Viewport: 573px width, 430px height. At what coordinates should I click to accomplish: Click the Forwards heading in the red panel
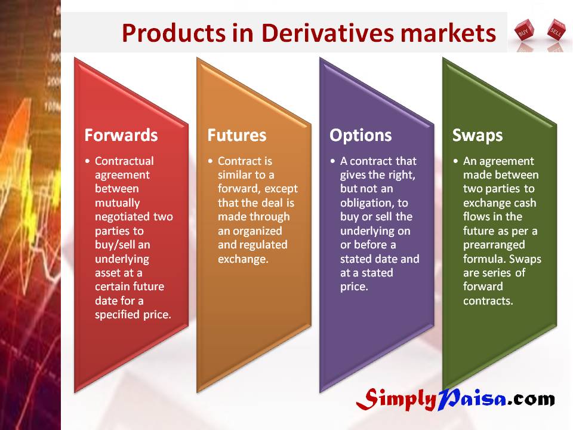(x=121, y=135)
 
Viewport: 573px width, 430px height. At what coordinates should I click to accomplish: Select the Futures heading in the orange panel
(x=237, y=135)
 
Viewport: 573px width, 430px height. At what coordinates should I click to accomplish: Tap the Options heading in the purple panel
(x=361, y=136)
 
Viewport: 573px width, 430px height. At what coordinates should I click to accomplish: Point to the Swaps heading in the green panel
(x=478, y=136)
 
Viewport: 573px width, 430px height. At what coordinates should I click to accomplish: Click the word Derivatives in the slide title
(x=328, y=33)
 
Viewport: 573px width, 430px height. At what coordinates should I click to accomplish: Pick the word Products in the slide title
(x=174, y=33)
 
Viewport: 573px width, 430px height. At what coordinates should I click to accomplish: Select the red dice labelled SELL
(x=556, y=30)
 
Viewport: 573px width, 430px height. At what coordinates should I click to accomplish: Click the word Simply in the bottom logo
(x=396, y=400)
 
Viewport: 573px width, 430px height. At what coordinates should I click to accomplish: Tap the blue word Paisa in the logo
(x=472, y=398)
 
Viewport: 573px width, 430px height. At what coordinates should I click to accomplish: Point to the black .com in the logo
(x=531, y=400)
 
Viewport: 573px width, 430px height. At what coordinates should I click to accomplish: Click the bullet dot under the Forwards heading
(x=87, y=161)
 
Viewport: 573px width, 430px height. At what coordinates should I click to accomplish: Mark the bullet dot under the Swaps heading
(x=455, y=161)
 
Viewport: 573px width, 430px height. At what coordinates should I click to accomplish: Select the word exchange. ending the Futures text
(x=243, y=259)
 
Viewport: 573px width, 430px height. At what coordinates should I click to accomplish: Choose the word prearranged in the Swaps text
(x=494, y=245)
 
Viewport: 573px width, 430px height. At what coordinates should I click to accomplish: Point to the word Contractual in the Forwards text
(x=124, y=161)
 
